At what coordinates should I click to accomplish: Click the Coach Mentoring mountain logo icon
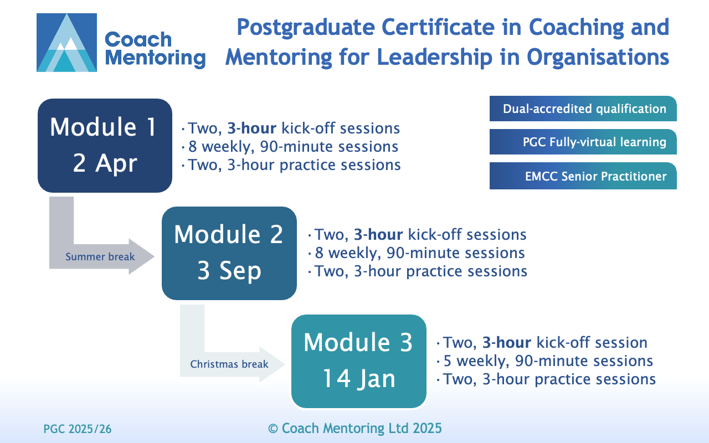(67, 43)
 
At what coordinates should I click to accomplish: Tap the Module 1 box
(105, 146)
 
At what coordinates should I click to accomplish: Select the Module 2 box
(229, 253)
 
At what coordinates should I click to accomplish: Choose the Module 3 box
(358, 361)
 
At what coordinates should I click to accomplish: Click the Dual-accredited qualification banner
(583, 109)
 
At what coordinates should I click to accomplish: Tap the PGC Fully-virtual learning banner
(583, 142)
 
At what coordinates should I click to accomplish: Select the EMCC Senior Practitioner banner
(583, 176)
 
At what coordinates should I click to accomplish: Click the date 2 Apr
(105, 163)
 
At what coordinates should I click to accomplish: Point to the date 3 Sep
(229, 271)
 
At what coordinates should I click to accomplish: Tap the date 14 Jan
(359, 378)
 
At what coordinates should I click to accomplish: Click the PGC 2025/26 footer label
(78, 429)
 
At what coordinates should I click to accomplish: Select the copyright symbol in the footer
(273, 429)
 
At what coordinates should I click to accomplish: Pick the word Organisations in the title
(598, 57)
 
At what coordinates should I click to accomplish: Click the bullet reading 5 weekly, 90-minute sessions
(548, 360)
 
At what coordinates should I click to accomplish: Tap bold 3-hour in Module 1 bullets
(252, 128)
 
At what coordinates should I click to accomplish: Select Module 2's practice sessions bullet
(421, 271)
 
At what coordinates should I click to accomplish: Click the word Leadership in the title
(435, 57)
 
